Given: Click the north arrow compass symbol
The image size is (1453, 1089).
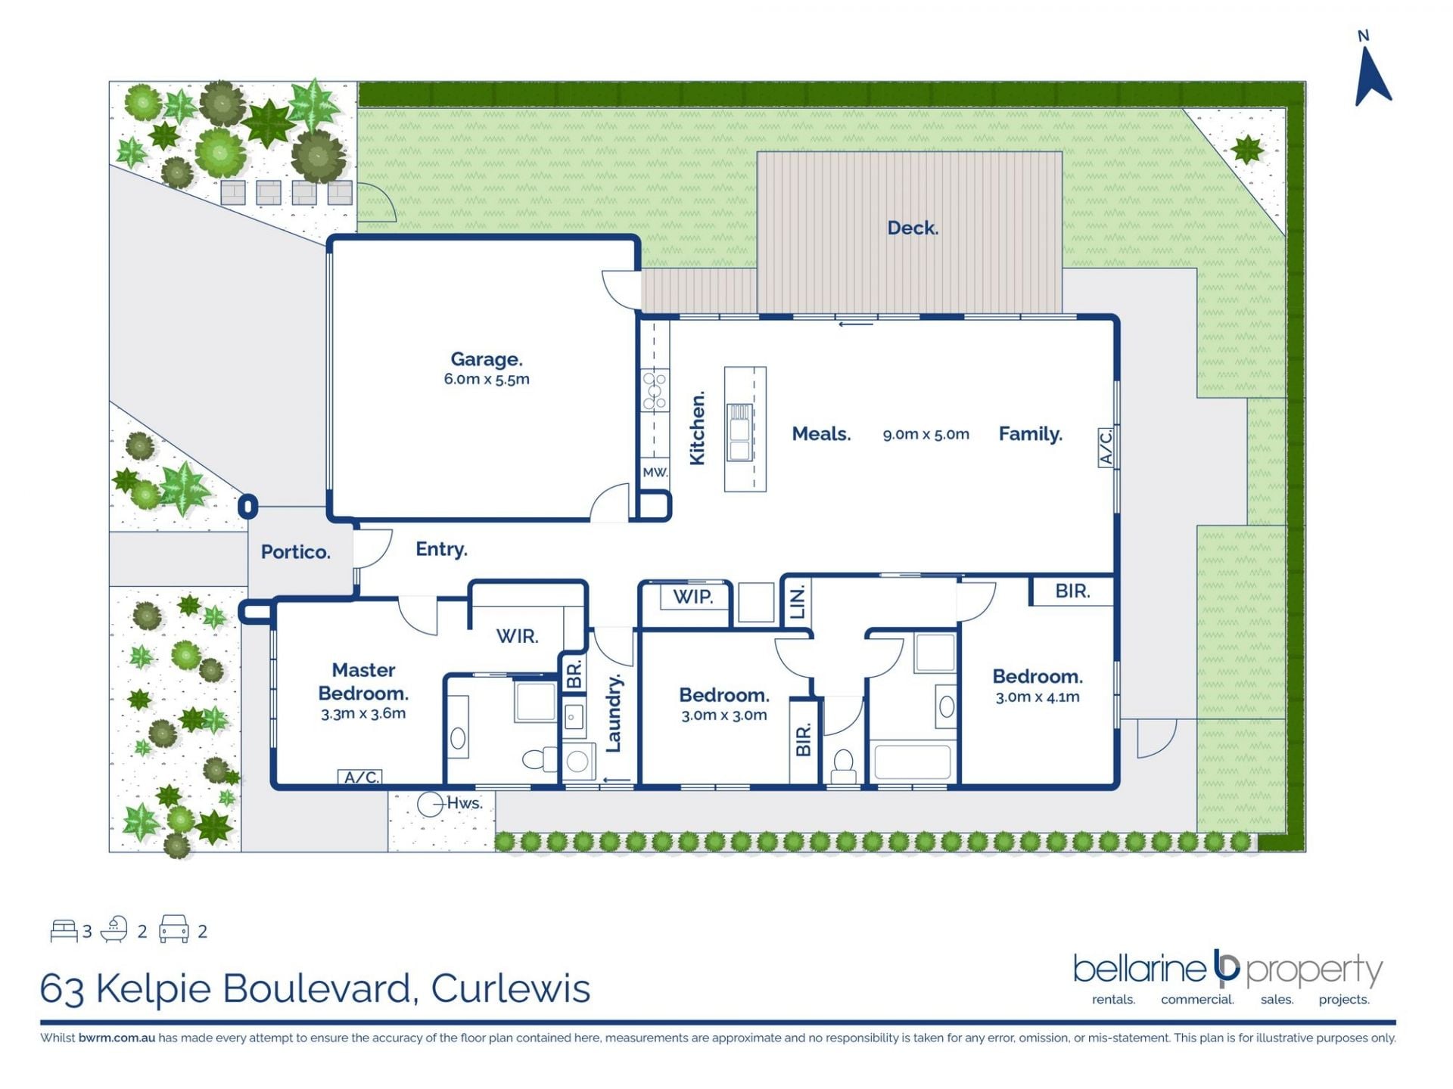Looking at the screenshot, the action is pyautogui.click(x=1371, y=76).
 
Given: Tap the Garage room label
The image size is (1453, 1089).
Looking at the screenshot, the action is pyautogui.click(x=487, y=359).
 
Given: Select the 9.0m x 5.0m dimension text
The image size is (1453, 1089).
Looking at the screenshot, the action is pyautogui.click(x=926, y=434).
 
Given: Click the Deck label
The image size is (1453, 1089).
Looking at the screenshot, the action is pyautogui.click(x=913, y=228).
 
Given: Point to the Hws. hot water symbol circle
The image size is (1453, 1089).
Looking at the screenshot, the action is pyautogui.click(x=431, y=804).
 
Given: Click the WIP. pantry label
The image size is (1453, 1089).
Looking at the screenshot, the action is pyautogui.click(x=692, y=597).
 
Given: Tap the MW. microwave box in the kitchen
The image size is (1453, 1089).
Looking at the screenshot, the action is pyautogui.click(x=655, y=473).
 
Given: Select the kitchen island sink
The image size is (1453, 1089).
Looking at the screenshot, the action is pyautogui.click(x=739, y=432).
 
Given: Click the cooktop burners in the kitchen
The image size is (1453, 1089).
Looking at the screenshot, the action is pyautogui.click(x=655, y=389).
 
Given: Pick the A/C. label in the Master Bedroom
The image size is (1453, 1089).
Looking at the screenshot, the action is pyautogui.click(x=360, y=777).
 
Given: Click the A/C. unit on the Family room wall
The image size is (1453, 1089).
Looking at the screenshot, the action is pyautogui.click(x=1106, y=447).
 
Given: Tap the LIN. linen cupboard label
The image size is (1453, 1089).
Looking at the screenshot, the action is pyautogui.click(x=798, y=603).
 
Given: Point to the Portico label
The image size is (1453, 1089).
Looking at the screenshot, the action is pyautogui.click(x=296, y=552).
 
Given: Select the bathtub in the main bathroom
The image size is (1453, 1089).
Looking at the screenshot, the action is pyautogui.click(x=912, y=762).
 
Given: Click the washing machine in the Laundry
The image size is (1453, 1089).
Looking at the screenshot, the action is pyautogui.click(x=577, y=760).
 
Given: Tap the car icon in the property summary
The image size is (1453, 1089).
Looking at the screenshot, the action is pyautogui.click(x=173, y=929).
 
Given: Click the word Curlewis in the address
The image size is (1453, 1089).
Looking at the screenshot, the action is pyautogui.click(x=511, y=988).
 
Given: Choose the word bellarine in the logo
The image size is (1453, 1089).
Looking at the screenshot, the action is pyautogui.click(x=1139, y=969).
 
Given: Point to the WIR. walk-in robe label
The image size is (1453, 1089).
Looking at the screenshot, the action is pyautogui.click(x=518, y=637).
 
